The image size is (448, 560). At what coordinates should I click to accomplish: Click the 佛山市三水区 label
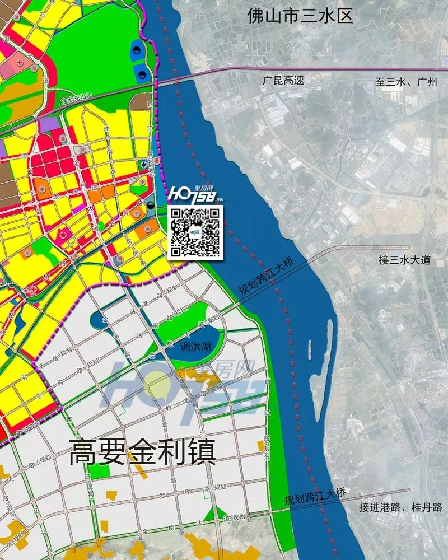[301, 15]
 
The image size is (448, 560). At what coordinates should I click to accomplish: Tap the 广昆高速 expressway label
[283, 81]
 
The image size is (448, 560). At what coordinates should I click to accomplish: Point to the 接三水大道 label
[405, 260]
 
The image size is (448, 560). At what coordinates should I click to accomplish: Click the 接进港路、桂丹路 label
[401, 508]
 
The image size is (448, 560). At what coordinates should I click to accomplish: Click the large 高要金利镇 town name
[142, 452]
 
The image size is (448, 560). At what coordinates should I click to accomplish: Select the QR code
[195, 232]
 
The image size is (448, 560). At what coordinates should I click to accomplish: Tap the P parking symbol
[83, 150]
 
